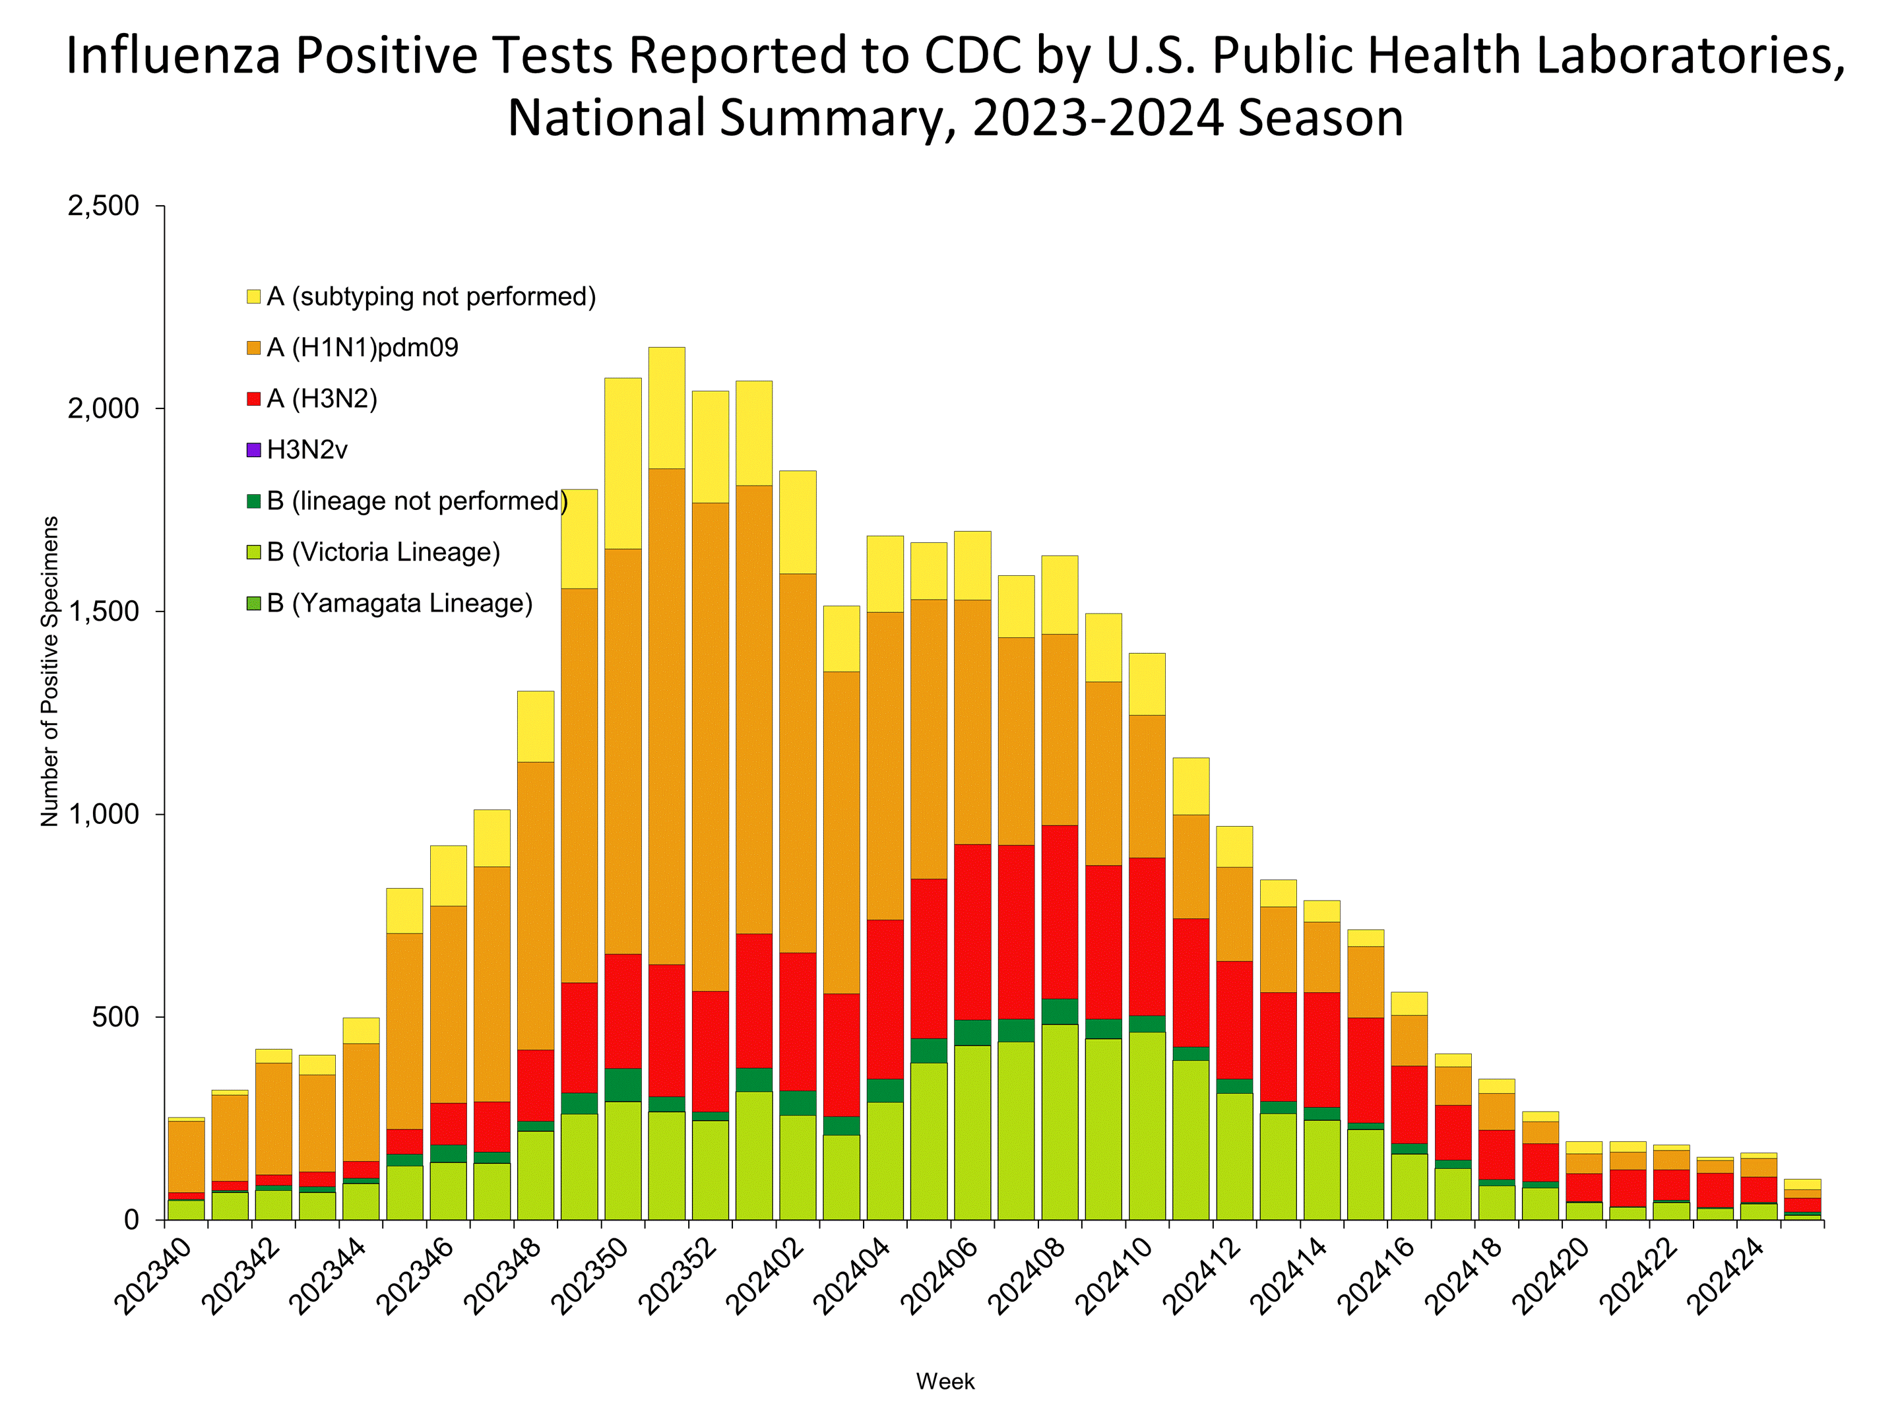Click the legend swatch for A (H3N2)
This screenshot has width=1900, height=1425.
pos(253,398)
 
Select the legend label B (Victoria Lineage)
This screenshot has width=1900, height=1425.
pos(383,552)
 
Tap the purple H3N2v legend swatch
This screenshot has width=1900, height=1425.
pos(253,450)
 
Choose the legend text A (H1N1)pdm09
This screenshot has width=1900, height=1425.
pos(362,348)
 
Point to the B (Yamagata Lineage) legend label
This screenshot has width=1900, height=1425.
pos(399,603)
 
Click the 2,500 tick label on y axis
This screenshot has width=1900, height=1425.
pos(103,206)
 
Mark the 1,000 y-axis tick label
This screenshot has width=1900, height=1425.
pos(103,814)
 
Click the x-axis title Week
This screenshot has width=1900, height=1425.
pos(945,1381)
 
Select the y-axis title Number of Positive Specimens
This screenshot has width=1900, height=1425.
pos(50,672)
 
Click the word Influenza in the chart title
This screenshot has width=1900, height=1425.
pos(174,57)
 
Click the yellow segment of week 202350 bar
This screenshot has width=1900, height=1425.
pos(623,464)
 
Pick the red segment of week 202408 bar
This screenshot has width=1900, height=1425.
pos(1059,912)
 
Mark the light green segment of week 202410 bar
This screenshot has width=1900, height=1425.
pos(1147,1125)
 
